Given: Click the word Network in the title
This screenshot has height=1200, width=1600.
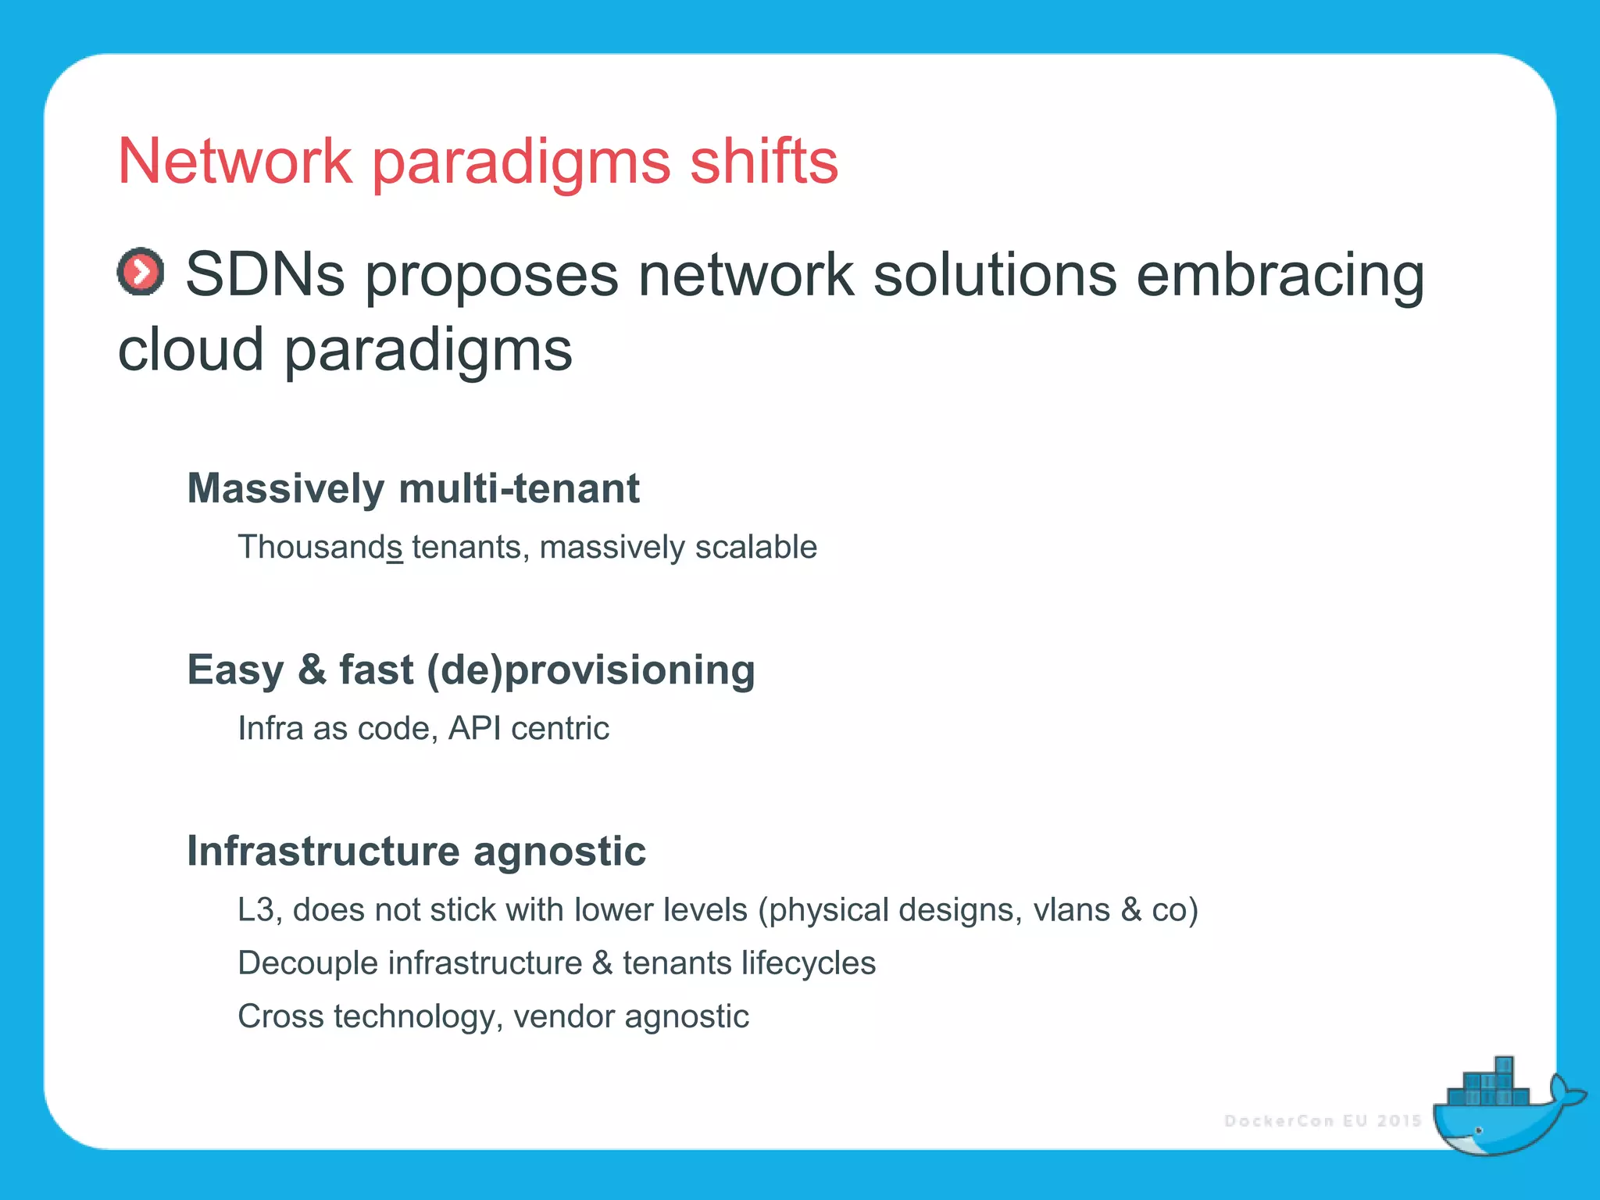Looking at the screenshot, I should click(234, 161).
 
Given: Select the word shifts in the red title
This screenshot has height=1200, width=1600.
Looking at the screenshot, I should click(763, 161).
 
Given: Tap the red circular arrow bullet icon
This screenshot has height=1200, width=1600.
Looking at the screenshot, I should click(141, 273).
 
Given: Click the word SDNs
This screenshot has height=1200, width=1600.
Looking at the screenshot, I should click(265, 275).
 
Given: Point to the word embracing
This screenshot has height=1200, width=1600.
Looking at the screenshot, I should click(1280, 275).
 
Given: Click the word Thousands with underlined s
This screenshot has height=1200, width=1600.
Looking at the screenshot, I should click(320, 547).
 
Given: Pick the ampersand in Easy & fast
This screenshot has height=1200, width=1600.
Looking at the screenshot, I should click(311, 670).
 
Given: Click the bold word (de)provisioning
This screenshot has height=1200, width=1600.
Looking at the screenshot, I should click(591, 670).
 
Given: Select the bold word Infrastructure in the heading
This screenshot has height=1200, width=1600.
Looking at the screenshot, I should click(323, 851).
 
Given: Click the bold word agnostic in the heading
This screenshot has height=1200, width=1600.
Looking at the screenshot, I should click(559, 851).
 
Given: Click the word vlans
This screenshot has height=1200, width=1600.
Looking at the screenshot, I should click(1071, 910).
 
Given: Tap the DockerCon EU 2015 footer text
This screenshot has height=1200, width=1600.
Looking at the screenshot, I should click(1323, 1121).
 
